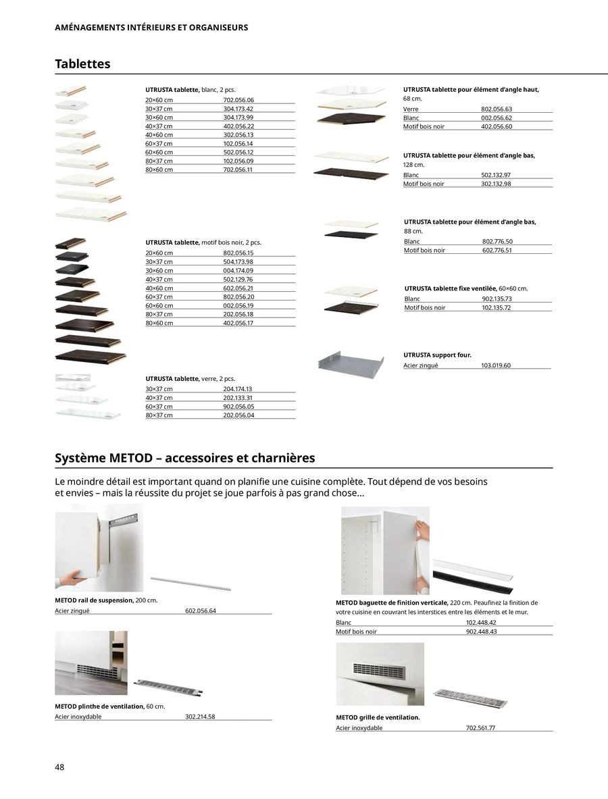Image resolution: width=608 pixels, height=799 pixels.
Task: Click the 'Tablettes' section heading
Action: pyautogui.click(x=82, y=64)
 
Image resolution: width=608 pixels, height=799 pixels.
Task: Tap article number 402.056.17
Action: pyautogui.click(x=238, y=323)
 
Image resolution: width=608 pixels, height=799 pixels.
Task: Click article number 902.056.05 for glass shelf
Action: pyautogui.click(x=238, y=407)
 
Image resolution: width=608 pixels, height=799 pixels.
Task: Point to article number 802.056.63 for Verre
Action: pyautogui.click(x=497, y=109)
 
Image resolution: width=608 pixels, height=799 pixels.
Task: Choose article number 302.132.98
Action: pyautogui.click(x=497, y=184)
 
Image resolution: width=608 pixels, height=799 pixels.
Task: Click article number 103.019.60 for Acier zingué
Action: pyautogui.click(x=497, y=365)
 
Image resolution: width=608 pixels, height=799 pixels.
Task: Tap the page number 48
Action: pyautogui.click(x=60, y=767)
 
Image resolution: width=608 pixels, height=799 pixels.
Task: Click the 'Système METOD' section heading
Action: pyautogui.click(x=185, y=458)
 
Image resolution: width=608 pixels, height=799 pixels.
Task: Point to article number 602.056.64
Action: pyautogui.click(x=201, y=611)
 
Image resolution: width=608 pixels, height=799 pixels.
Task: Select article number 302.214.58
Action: pyautogui.click(x=201, y=717)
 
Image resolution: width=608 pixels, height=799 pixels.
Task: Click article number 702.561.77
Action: pyautogui.click(x=481, y=728)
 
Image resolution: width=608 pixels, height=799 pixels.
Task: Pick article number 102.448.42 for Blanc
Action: pyautogui.click(x=481, y=623)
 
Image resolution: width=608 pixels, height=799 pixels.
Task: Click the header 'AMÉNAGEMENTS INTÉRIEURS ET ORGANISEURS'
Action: pyautogui.click(x=151, y=28)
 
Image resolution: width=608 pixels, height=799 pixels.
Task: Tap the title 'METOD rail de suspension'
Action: pyautogui.click(x=94, y=600)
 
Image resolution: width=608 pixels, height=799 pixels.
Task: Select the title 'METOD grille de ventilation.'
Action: pyautogui.click(x=378, y=717)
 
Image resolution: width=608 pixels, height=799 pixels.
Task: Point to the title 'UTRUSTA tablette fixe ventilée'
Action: pyautogui.click(x=451, y=288)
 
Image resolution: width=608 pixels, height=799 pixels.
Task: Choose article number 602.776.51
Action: pyautogui.click(x=497, y=250)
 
